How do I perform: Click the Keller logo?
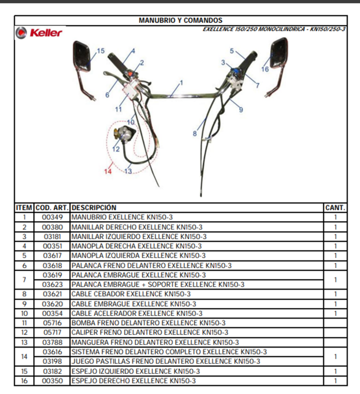[x=39, y=33]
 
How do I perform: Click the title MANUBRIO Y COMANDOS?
[x=181, y=20]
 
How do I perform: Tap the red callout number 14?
[x=108, y=171]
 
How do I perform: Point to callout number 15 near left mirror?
[x=101, y=51]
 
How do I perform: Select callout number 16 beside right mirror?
[x=265, y=69]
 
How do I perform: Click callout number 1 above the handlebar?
[x=182, y=83]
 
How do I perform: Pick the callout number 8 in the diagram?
[x=195, y=134]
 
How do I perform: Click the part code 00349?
[x=53, y=217]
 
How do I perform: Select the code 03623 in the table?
[x=53, y=285]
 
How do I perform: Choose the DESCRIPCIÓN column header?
[x=94, y=208]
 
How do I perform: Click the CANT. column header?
[x=335, y=208]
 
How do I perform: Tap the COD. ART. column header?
[x=52, y=208]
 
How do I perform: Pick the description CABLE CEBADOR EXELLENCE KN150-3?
[x=131, y=294]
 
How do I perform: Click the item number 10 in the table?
[x=24, y=314]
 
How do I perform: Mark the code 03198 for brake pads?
[x=53, y=361]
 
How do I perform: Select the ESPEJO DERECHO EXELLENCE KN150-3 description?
[x=133, y=381]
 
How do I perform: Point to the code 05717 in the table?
[x=53, y=333]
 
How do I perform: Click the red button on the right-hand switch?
[x=131, y=74]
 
